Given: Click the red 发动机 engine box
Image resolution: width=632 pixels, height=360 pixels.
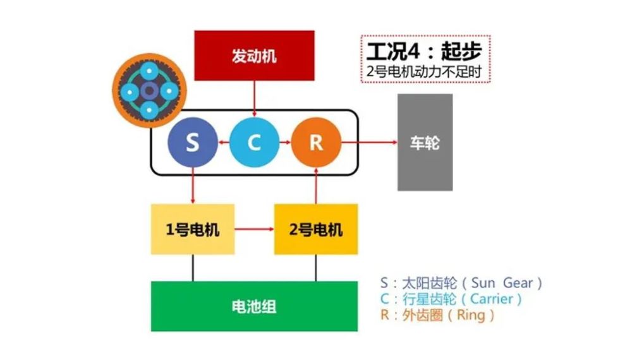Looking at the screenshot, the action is point(254,56).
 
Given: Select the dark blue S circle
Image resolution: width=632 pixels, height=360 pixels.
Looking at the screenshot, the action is point(193,142).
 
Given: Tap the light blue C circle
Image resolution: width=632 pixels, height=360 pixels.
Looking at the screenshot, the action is point(254,142).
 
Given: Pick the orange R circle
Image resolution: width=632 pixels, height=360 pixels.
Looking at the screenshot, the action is point(316,142).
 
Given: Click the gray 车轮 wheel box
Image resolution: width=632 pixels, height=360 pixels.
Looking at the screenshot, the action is point(425,142).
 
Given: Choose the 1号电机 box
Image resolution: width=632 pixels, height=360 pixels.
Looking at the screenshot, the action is point(193,229).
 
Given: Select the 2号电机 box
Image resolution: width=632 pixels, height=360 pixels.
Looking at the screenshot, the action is point(316,229).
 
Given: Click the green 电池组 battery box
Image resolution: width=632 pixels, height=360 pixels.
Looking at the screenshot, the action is point(254,306).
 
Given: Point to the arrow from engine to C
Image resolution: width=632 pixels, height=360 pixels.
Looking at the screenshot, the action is point(254,99).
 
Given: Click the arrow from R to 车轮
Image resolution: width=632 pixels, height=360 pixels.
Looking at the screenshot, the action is point(370,142).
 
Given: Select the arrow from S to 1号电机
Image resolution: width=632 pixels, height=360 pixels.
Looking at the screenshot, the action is point(193,186).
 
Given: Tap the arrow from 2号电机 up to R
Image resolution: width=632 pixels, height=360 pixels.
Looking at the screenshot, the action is point(316,186).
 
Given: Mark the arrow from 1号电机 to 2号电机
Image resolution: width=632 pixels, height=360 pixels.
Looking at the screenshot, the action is point(254,229).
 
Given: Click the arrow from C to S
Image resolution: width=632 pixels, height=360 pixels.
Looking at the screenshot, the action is point(224,142).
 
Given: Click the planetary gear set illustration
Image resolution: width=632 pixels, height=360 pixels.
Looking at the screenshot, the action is point(149,90).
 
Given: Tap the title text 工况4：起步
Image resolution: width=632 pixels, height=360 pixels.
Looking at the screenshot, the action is point(424,51).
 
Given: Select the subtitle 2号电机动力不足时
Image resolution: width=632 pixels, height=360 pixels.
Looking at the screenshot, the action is point(424,71).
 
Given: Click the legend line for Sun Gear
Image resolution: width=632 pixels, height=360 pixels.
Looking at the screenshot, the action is point(461,283).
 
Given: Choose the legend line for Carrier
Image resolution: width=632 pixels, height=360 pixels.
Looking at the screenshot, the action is point(451,299).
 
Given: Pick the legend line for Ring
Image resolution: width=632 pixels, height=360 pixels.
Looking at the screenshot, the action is point(437,315).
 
